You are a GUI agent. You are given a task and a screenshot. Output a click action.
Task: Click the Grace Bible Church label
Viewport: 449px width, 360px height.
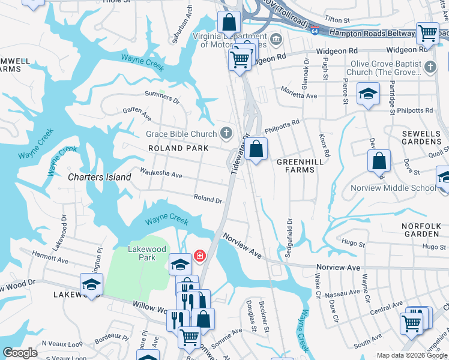[181, 134]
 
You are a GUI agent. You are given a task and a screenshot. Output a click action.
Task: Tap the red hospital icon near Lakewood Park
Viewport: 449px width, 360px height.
[199, 256]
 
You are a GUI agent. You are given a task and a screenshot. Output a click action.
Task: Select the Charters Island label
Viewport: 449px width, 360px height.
[99, 177]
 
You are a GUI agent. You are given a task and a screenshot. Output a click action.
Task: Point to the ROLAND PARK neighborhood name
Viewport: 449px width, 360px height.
[179, 148]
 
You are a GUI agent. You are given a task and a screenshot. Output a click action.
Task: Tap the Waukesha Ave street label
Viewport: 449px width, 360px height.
[161, 174]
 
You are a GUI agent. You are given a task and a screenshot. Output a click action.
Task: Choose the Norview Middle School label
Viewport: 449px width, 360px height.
[394, 188]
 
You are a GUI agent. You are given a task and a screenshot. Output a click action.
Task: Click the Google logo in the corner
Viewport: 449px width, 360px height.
[20, 353]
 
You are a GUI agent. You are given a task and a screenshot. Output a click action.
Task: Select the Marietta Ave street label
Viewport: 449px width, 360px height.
[300, 95]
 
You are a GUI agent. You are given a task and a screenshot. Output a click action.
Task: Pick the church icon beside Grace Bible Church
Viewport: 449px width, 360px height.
[226, 133]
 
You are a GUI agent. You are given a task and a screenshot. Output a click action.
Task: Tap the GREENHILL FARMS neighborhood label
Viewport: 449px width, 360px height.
[295, 166]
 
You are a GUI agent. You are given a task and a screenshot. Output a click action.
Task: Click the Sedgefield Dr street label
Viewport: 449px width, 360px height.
[289, 238]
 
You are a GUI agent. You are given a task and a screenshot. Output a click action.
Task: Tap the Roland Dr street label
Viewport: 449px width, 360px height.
[208, 199]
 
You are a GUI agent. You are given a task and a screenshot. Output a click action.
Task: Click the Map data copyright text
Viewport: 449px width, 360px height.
[412, 355]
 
